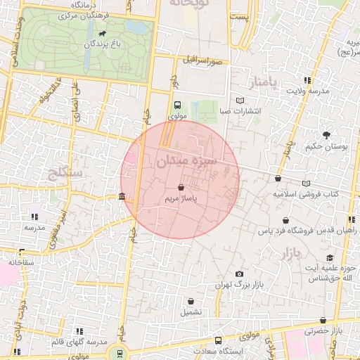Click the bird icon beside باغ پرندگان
103,34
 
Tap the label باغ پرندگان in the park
89,44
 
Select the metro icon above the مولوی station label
176,105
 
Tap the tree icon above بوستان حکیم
326,134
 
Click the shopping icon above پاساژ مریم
181,188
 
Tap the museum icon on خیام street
123,196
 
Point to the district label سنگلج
63,172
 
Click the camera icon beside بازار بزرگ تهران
239,274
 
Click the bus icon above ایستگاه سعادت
217,340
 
